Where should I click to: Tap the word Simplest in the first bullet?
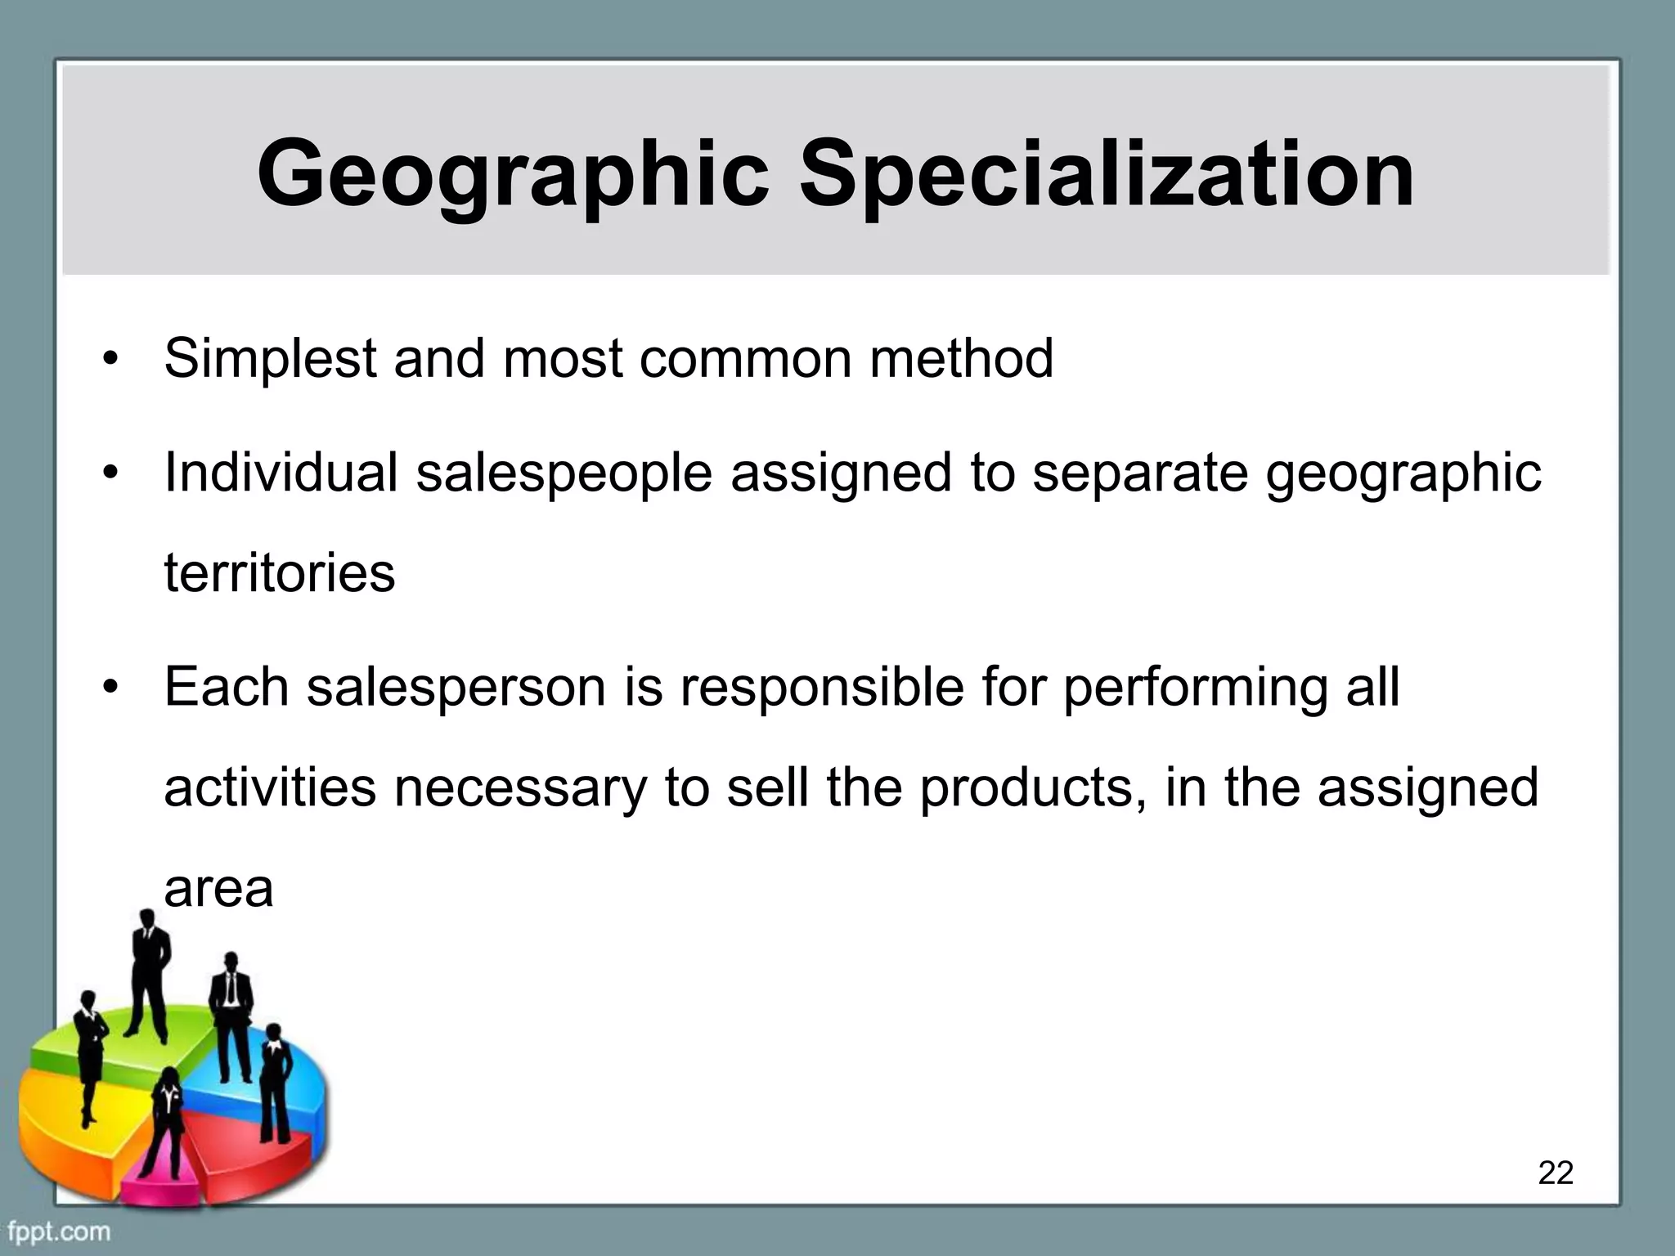[270, 360]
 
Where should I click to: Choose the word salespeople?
[564, 474]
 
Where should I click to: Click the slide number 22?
[1555, 1173]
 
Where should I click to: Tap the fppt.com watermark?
[59, 1231]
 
